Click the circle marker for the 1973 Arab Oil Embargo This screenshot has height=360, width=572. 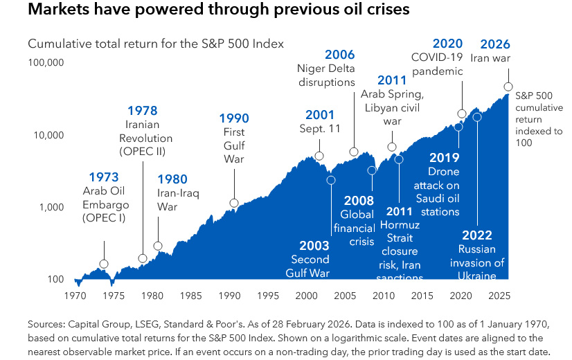pyautogui.click(x=104, y=264)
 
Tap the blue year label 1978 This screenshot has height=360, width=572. pyautogui.click(x=142, y=110)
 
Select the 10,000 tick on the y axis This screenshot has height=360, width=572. pyautogui.click(x=48, y=134)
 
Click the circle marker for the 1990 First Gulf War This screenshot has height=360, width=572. pyautogui.click(x=234, y=203)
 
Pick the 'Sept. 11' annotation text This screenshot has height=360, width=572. pyautogui.click(x=319, y=128)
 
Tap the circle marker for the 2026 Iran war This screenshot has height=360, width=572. pyautogui.click(x=508, y=87)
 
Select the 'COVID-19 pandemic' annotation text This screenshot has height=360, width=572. pyautogui.click(x=438, y=64)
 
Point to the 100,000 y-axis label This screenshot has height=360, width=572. pyautogui.click(x=46, y=62)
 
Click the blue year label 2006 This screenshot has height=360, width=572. pyautogui.click(x=339, y=55)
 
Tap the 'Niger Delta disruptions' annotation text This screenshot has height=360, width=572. pyautogui.click(x=325, y=75)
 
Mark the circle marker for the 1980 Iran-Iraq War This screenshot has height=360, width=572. pyautogui.click(x=158, y=246)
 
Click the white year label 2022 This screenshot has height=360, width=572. pyautogui.click(x=477, y=234)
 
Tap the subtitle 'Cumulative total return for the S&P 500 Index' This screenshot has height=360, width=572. pyautogui.click(x=156, y=44)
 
